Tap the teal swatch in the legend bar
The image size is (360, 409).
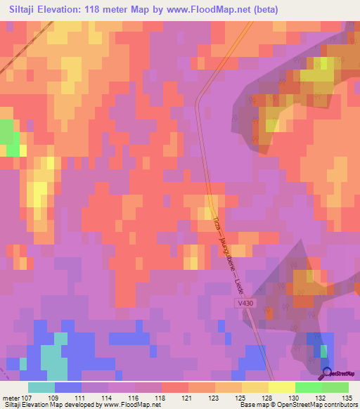pyautogui.click(x=41, y=387)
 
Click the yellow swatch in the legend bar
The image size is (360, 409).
pyautogui.click(x=281, y=387)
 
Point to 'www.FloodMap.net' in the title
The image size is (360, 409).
pyautogui.click(x=210, y=10)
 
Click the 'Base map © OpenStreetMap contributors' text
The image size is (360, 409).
pyautogui.click(x=297, y=405)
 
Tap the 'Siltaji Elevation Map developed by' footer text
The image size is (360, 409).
pyautogui.click(x=53, y=405)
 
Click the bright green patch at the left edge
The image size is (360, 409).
pyautogui.click(x=8, y=138)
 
